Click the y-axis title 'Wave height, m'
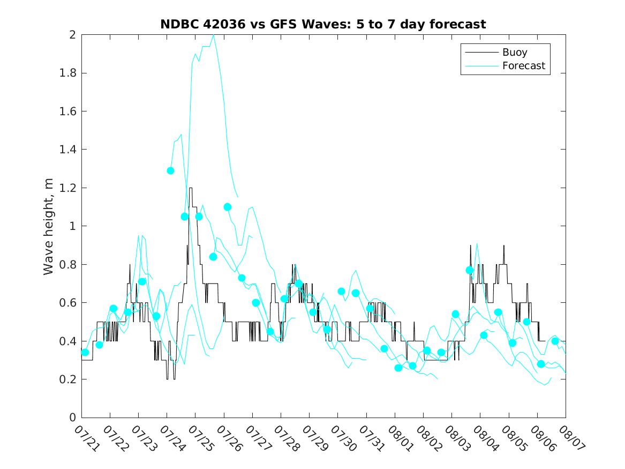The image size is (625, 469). pos(48,227)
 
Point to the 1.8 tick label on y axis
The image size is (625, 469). pos(68,73)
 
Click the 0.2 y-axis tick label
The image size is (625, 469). pos(68,379)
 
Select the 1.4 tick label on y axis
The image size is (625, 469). pos(68,150)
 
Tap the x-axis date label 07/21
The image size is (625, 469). pos(87,438)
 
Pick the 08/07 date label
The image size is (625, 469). pos(571,438)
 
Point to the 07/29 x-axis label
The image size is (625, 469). pos(315,438)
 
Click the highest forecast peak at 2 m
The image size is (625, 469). pos(214,35)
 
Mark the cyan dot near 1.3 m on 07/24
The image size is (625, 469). pos(171,170)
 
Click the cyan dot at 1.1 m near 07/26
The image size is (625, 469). pos(228,207)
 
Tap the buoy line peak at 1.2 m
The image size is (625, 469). pos(191,188)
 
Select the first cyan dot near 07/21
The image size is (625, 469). pos(85,352)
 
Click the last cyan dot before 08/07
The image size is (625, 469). pos(555,341)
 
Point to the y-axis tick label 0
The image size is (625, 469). pos(72,418)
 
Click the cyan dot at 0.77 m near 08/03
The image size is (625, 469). pos(470,270)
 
